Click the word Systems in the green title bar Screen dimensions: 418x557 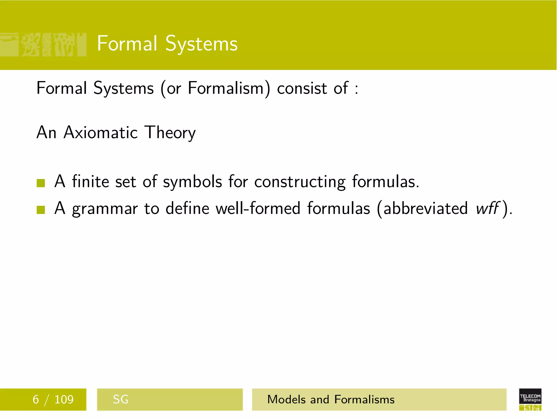201,44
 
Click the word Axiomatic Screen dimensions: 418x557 101,133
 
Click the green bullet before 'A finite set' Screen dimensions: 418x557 41,183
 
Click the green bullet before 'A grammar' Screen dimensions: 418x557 41,210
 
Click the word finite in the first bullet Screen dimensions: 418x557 90,182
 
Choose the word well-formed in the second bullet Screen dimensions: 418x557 258,208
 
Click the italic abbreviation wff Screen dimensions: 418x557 487,208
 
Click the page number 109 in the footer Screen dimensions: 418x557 64,399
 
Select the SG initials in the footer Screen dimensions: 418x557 120,399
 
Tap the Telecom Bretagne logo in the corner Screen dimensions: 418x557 530,399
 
